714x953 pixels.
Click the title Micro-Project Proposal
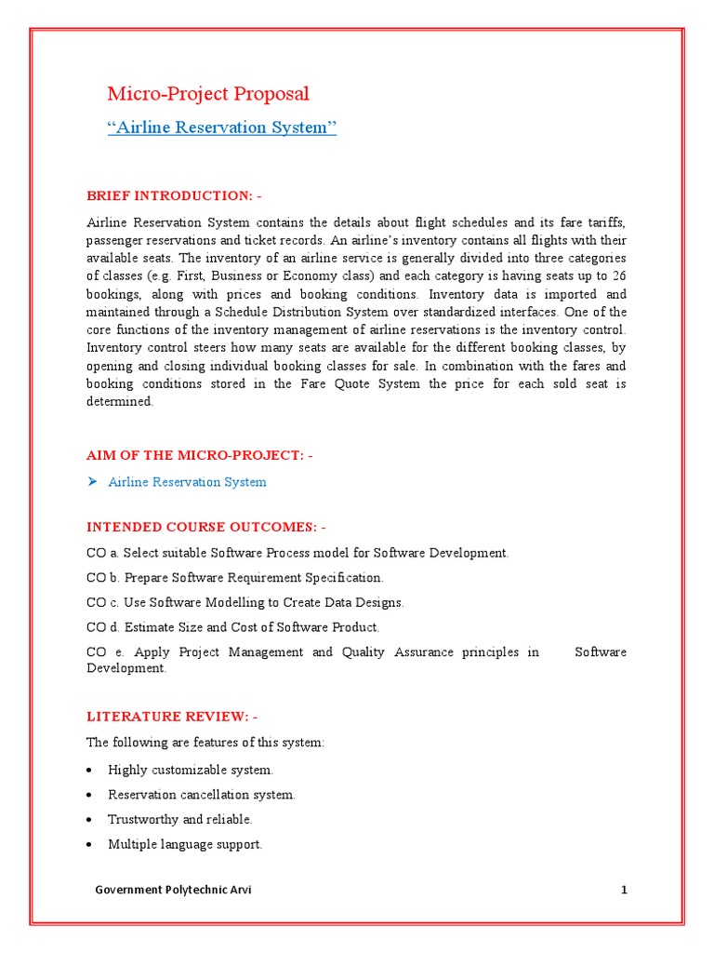[208, 93]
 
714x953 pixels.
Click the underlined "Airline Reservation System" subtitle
[221, 128]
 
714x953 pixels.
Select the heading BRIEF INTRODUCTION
[174, 195]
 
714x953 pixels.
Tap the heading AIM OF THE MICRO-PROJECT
[200, 455]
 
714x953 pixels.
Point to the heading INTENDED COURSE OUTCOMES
[206, 527]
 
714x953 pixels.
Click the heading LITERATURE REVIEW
[172, 717]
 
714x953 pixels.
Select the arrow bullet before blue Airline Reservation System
[92, 482]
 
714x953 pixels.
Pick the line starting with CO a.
[297, 553]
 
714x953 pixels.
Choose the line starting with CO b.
[234, 578]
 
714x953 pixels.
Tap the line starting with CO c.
[245, 603]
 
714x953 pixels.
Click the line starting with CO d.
[232, 627]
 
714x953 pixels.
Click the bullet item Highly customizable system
[191, 770]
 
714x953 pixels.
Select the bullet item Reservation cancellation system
[202, 795]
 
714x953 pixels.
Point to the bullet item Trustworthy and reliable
[179, 819]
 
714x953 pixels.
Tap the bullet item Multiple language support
[185, 844]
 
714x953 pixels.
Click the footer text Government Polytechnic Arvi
[173, 890]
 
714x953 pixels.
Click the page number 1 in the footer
[624, 890]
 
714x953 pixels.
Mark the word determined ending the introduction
[119, 401]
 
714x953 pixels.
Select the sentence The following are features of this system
[205, 743]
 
